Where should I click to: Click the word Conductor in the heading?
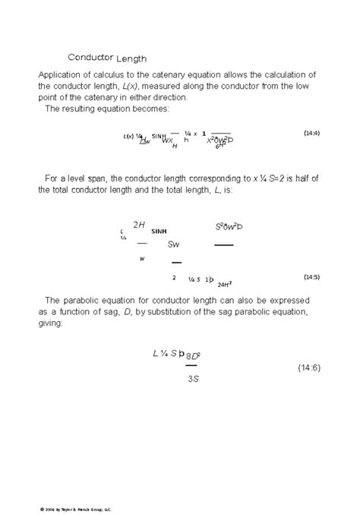[x=90, y=57]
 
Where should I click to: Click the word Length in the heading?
[x=131, y=58]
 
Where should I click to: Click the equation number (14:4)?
[x=311, y=133]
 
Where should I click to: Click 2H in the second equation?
[x=139, y=225]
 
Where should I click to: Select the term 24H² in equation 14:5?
[x=224, y=284]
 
